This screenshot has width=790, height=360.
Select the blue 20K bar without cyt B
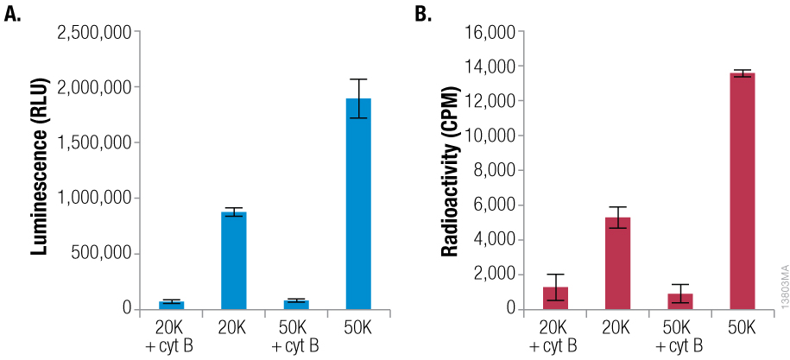pos(233,260)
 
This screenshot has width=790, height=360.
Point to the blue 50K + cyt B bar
pos(295,304)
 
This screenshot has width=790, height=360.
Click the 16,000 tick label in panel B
pos(490,33)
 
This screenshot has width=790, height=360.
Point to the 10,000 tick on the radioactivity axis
pos(490,136)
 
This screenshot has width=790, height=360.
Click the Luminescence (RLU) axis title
pos(38,171)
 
